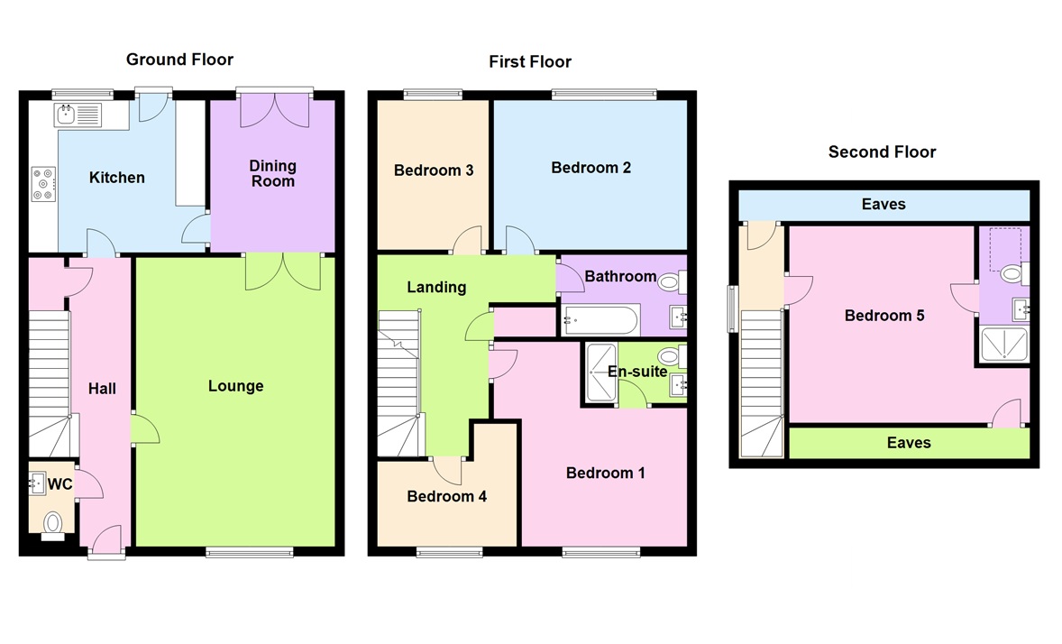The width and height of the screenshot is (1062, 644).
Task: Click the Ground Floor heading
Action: (179, 60)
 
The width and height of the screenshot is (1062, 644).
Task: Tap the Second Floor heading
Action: (882, 152)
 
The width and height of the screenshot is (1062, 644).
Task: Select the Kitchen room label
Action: (116, 178)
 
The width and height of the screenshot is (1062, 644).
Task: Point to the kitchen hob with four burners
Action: (42, 183)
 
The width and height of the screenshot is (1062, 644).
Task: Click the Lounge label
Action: (235, 386)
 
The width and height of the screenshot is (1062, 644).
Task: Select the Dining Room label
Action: (272, 173)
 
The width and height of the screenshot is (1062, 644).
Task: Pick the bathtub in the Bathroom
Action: (600, 318)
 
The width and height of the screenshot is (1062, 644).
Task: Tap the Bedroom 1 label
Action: (605, 473)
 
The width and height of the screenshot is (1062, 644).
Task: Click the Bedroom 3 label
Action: (434, 170)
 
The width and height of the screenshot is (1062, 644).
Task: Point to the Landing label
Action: (436, 287)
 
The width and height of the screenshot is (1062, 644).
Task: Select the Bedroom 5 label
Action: (884, 316)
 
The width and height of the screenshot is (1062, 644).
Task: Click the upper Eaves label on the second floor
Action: (883, 205)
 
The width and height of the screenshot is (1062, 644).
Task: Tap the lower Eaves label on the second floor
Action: (909, 443)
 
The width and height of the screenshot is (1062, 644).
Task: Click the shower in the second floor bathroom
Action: (1002, 344)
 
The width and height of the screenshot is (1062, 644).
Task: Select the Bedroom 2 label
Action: (591, 168)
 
